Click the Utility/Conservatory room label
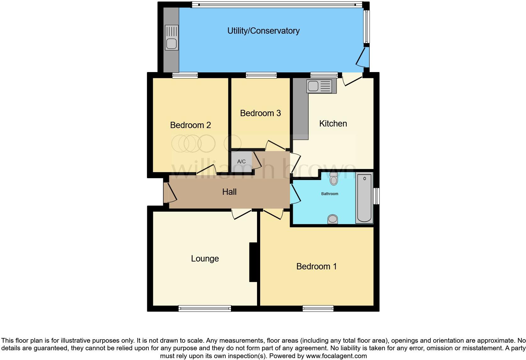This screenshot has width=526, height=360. pos(263,31)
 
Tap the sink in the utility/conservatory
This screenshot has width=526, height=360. pos(171,37)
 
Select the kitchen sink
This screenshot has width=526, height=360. pos(319,86)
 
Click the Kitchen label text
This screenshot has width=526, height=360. pos(333,124)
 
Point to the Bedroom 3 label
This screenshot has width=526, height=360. pos(260,113)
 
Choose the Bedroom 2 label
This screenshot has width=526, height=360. pos(190,125)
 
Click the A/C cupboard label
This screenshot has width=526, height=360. pos(241,162)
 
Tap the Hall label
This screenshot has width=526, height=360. pos(229,192)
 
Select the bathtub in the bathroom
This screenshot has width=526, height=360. pos(364,198)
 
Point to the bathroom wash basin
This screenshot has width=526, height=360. pos(333,219)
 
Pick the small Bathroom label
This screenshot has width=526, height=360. pos(330,194)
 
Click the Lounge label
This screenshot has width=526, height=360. pos(205,259)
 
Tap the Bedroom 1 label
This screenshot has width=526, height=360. pos(316,267)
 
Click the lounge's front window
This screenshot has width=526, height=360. pos(204,308)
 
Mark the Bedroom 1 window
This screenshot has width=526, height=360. pos(318,308)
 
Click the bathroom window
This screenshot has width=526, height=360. pos(376,196)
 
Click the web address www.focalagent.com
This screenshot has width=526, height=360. pos(336,356)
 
